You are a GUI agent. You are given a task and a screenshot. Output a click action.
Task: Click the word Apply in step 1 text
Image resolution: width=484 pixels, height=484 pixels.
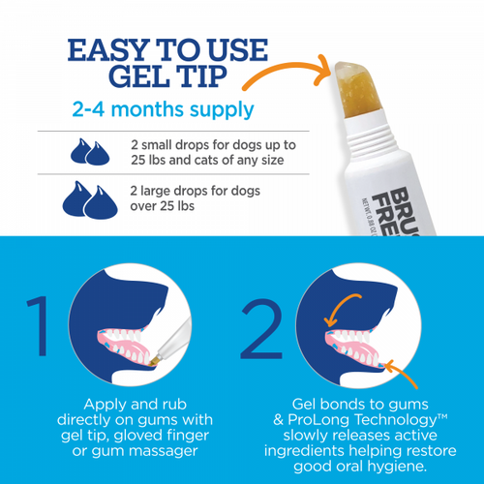[x=102, y=402]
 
